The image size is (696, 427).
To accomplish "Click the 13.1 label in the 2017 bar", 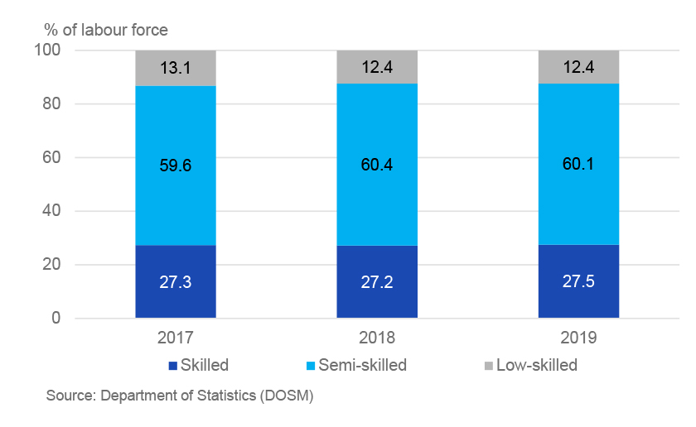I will (x=176, y=68).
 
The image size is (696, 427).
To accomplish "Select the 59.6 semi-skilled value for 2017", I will (x=176, y=165).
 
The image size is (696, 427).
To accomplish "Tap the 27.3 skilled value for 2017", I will (x=176, y=281).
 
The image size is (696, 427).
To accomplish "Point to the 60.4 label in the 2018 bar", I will (x=377, y=165).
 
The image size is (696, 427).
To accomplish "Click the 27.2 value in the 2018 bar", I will (x=377, y=281).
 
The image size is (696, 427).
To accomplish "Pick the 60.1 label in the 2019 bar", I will (x=578, y=165).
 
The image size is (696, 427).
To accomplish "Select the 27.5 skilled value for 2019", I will (x=578, y=281).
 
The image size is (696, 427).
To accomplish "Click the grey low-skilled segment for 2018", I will (x=377, y=67).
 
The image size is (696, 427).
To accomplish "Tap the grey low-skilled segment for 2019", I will (x=578, y=67).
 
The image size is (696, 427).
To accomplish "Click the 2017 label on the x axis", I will (x=176, y=339).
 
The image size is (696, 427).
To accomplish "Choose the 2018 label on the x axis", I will (x=377, y=339).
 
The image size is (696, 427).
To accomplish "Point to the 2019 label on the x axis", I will (x=578, y=339).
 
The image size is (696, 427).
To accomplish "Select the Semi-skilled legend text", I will (x=363, y=365).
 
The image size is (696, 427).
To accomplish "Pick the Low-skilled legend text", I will (x=536, y=365).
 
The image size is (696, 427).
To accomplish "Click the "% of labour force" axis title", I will (x=106, y=31).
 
